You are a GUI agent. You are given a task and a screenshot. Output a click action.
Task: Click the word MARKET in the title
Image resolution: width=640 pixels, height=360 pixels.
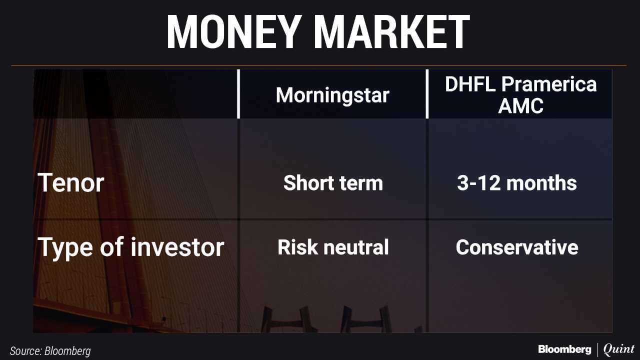[392, 32]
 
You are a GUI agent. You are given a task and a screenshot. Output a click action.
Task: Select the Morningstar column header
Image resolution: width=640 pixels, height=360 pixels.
[332, 95]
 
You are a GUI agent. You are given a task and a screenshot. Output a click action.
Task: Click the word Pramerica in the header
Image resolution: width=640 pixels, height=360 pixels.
[549, 84]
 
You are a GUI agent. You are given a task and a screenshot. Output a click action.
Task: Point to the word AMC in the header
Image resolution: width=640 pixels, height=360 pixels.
[520, 105]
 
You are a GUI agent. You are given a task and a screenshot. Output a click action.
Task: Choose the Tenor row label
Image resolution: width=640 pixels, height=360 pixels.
[71, 183]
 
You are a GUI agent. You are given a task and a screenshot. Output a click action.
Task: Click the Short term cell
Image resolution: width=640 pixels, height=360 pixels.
[333, 183]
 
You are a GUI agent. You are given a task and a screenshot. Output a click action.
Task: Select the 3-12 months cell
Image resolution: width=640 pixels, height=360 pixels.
[517, 183]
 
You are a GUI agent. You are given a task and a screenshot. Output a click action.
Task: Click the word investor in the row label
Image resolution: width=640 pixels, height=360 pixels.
[177, 247]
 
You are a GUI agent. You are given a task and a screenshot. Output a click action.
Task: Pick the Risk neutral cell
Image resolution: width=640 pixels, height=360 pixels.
[333, 247]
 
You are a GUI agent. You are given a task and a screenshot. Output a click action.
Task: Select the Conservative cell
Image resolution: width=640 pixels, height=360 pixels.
[517, 247]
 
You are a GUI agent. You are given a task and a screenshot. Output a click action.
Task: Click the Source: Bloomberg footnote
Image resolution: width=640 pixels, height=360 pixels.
[50, 351]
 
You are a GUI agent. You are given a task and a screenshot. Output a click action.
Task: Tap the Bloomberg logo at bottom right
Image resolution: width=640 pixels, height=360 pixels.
[564, 349]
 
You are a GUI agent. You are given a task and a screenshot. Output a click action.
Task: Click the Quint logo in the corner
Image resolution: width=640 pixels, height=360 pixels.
[619, 349]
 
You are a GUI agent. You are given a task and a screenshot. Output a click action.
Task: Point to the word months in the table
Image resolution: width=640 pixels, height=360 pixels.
[541, 183]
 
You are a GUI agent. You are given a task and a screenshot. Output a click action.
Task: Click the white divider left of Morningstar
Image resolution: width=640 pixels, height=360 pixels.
[238, 93]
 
